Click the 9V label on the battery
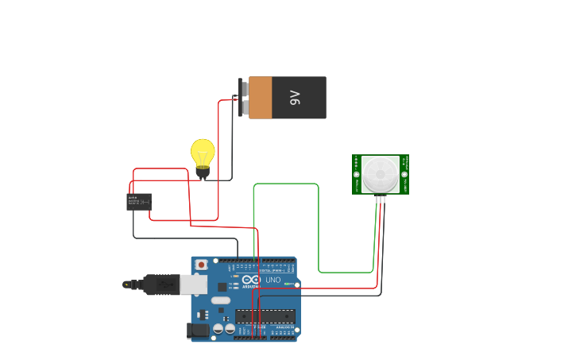(295, 98)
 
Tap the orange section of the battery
(261, 98)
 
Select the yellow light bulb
(203, 153)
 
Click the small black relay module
(138, 202)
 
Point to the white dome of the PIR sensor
(381, 172)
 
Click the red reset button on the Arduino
(202, 265)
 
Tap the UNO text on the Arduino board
(273, 280)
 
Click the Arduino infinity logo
(252, 280)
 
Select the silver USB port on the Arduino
(193, 285)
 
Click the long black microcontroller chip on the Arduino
(265, 315)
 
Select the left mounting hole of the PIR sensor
(357, 174)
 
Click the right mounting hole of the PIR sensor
(404, 174)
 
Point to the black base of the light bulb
(203, 172)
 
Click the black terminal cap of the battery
(241, 98)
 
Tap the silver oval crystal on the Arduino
(220, 300)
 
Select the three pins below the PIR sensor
(381, 199)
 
